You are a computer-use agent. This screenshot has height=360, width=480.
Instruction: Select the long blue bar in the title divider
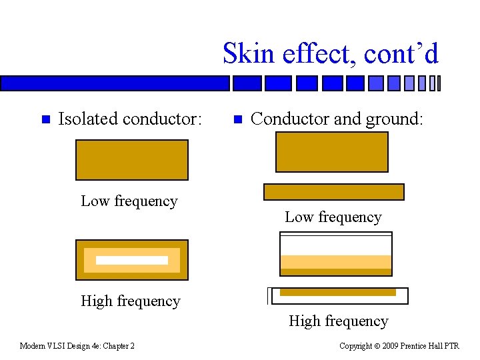click(115, 83)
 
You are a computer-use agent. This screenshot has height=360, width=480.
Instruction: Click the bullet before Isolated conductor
click(45, 120)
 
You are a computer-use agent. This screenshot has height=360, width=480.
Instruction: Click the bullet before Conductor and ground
click(237, 120)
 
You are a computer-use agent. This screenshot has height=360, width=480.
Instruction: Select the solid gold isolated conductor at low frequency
click(132, 160)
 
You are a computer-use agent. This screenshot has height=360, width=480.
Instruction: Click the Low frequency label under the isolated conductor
click(129, 201)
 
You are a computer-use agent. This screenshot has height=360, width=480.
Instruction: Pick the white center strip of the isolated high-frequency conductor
click(132, 260)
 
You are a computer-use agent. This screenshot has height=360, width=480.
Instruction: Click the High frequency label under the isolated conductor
click(131, 301)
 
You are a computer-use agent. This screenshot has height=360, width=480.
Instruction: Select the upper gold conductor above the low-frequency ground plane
click(331, 152)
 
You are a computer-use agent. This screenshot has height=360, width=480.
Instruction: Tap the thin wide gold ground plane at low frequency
click(333, 192)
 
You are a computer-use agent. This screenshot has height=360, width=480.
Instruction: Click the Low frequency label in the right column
click(333, 217)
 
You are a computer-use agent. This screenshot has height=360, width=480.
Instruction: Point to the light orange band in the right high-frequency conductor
click(335, 261)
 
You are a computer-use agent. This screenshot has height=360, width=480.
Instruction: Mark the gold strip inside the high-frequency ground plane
click(337, 293)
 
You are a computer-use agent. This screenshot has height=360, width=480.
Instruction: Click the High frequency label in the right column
click(338, 321)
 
